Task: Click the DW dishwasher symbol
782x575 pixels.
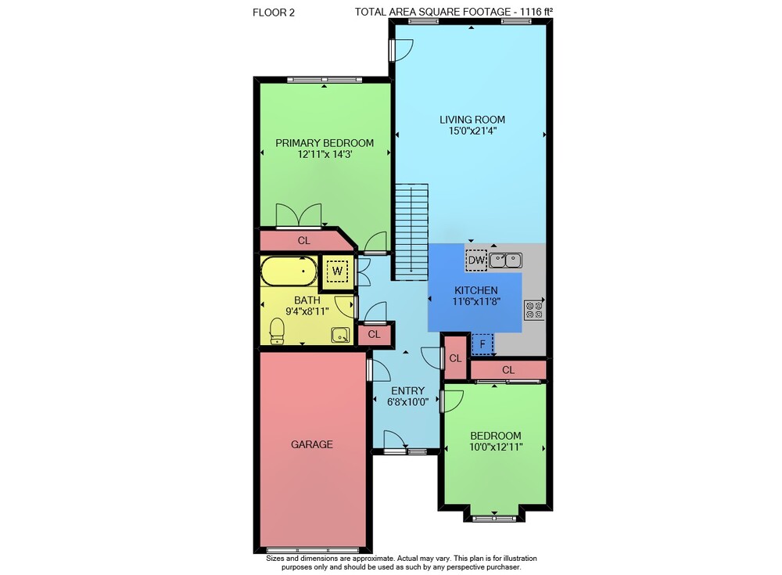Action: coord(476,260)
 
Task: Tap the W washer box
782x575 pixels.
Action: coord(337,271)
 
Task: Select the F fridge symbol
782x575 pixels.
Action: coord(482,344)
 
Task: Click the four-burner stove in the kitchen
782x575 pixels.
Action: coord(533,310)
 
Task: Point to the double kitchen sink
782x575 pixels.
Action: coord(506,261)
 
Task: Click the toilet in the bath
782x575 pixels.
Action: coord(277,332)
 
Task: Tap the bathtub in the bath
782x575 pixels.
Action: coord(289,271)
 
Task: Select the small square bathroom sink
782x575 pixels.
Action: coord(341,336)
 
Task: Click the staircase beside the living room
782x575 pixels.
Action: coord(412,232)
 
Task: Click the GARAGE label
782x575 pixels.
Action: coord(312,444)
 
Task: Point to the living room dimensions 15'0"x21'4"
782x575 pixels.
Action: coord(472,131)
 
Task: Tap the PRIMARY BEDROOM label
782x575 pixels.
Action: coord(325,142)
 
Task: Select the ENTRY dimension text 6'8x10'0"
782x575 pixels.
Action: coord(408,402)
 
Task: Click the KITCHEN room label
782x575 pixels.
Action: coord(475,290)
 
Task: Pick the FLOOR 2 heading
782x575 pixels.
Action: coord(274,13)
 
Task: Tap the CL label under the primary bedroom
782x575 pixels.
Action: coord(303,241)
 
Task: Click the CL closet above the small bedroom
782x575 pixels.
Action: coord(508,370)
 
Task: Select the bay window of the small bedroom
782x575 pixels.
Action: coord(494,519)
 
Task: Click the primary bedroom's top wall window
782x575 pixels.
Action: coord(325,79)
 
